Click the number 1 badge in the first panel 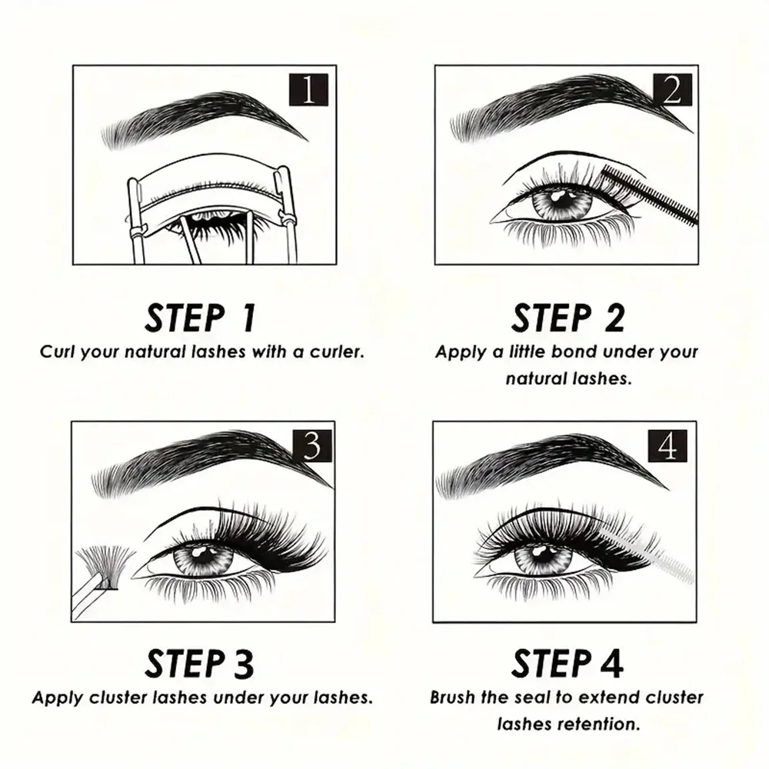tap(308, 91)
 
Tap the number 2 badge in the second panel tap(671, 91)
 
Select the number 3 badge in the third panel tap(311, 446)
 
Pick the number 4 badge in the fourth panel tap(667, 446)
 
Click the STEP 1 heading tap(201, 318)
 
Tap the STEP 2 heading tap(568, 318)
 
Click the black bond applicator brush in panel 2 tap(654, 196)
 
